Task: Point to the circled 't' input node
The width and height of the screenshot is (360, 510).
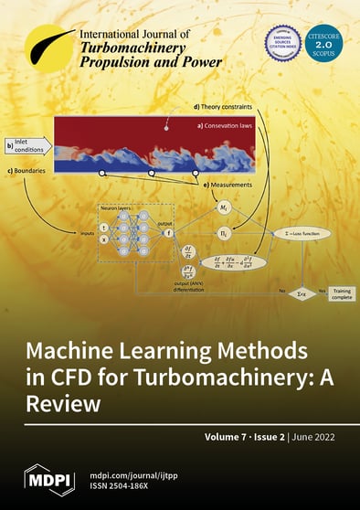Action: click(103, 228)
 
